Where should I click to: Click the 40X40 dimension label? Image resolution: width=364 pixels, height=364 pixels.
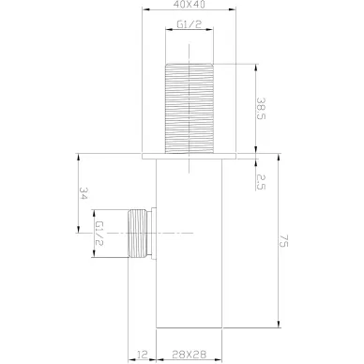[x=190, y=4]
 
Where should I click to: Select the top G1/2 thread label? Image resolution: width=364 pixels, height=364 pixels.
[x=190, y=24]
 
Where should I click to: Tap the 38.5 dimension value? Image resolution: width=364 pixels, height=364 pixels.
[x=261, y=108]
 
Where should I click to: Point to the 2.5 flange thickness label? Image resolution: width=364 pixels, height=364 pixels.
[x=261, y=182]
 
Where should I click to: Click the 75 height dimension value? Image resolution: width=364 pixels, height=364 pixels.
[x=283, y=240]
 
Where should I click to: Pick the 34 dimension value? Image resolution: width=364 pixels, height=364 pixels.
[x=83, y=193]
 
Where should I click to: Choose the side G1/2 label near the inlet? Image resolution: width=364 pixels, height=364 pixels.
[x=99, y=234]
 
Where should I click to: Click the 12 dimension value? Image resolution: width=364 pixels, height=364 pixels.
[x=143, y=355]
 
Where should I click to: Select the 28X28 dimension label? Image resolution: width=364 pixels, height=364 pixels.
[x=190, y=355]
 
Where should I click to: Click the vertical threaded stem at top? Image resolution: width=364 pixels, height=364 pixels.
[x=190, y=108]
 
